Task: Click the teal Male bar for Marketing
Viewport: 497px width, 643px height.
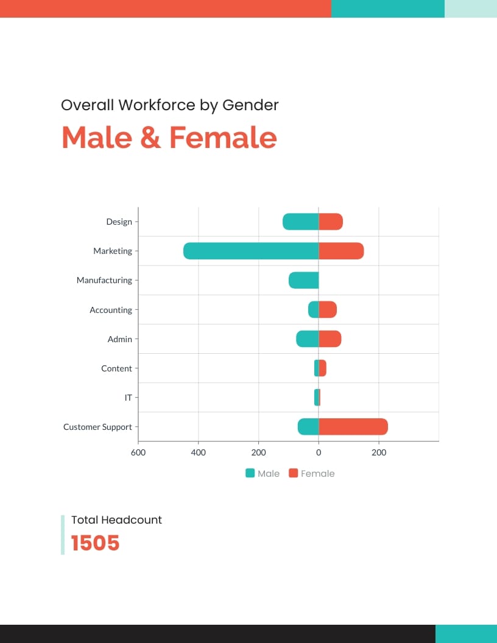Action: coord(250,251)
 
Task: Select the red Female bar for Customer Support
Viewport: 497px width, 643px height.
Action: coord(353,427)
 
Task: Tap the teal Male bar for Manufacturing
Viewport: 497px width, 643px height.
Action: coord(303,280)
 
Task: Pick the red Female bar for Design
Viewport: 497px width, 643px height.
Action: coord(331,222)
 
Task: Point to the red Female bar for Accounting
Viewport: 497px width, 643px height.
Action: coord(328,309)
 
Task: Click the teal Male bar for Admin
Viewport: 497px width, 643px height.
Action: coord(308,339)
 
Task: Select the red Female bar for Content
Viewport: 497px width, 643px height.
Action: coord(323,368)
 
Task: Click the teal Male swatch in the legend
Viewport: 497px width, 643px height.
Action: coord(250,473)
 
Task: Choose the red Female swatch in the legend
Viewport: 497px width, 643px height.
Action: coord(294,473)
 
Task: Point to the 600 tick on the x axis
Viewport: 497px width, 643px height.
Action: coord(138,452)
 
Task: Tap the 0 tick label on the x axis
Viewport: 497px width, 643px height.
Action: coord(319,452)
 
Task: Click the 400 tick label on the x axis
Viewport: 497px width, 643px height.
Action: coord(199,452)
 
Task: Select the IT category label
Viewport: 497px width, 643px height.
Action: coord(129,398)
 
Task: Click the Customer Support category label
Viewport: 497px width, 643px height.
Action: coord(97,427)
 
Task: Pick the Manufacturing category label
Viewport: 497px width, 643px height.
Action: coord(104,280)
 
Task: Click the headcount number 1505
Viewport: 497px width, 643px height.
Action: coord(95,543)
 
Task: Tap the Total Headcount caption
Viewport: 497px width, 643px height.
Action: coord(116,519)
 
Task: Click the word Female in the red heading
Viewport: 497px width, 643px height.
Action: coord(223,137)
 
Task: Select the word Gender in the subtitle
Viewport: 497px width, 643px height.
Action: coord(250,105)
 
